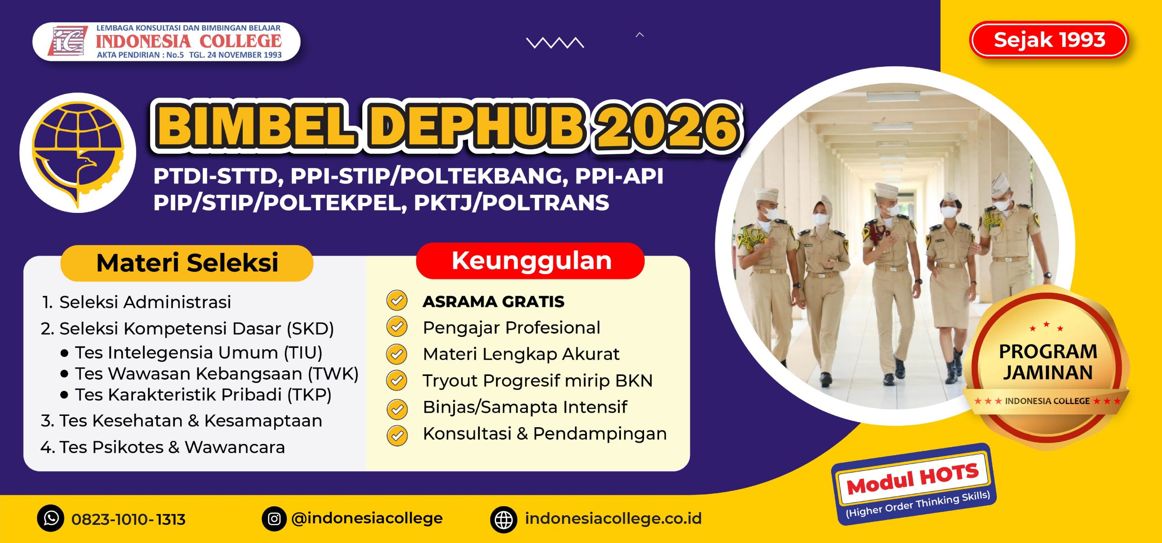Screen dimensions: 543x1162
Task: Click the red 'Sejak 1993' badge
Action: coord(1049,40)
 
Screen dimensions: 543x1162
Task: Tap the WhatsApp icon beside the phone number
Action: coord(51,518)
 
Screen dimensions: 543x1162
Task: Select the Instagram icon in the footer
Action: coord(274,518)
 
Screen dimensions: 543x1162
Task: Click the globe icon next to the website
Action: coord(503,519)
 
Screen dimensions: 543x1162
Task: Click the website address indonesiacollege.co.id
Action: coord(613,518)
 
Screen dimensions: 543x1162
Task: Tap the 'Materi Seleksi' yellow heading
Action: coord(187,263)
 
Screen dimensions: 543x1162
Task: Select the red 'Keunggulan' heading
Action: coord(531,261)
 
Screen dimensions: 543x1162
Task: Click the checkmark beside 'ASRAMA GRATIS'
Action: coord(397,301)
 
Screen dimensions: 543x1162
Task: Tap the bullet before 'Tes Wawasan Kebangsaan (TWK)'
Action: coord(64,374)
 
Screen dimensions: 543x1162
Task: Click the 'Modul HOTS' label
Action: coord(912,479)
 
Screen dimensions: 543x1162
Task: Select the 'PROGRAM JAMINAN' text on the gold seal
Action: coord(1048,362)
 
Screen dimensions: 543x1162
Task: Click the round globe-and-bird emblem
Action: coord(78,153)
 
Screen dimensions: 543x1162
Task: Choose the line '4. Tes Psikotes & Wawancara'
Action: coord(162,447)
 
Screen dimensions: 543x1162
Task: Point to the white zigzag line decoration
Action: coord(555,43)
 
